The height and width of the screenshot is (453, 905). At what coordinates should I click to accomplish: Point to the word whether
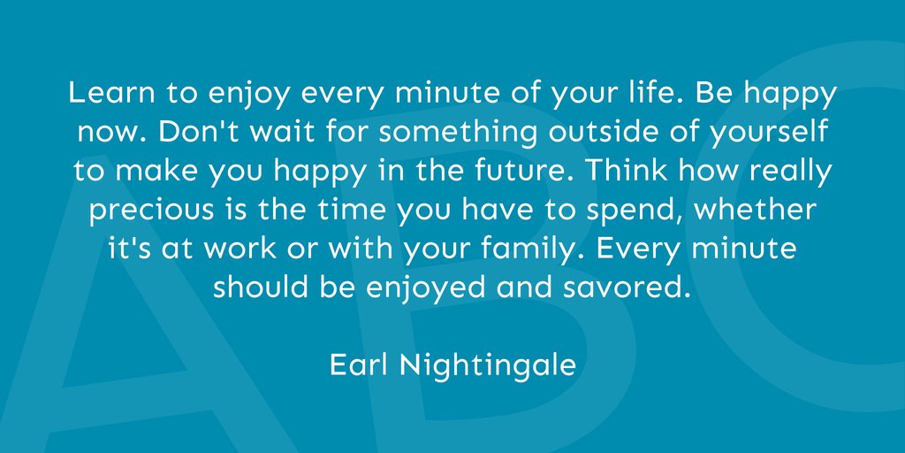(755, 211)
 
